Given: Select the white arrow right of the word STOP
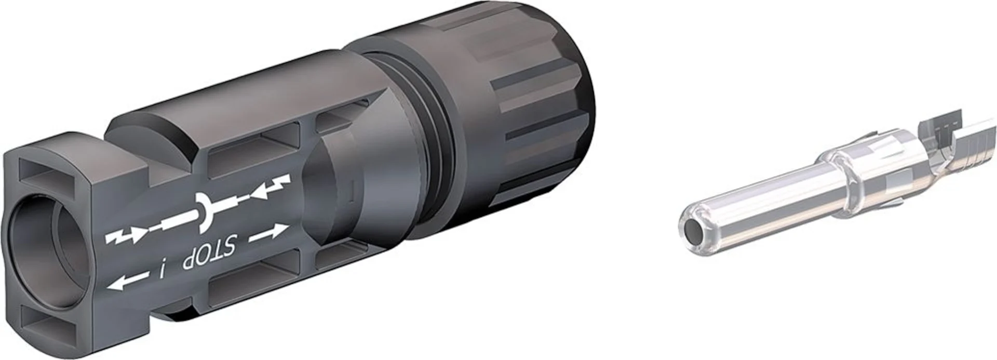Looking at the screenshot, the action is tap(268, 234).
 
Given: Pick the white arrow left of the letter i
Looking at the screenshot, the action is tap(126, 281).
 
